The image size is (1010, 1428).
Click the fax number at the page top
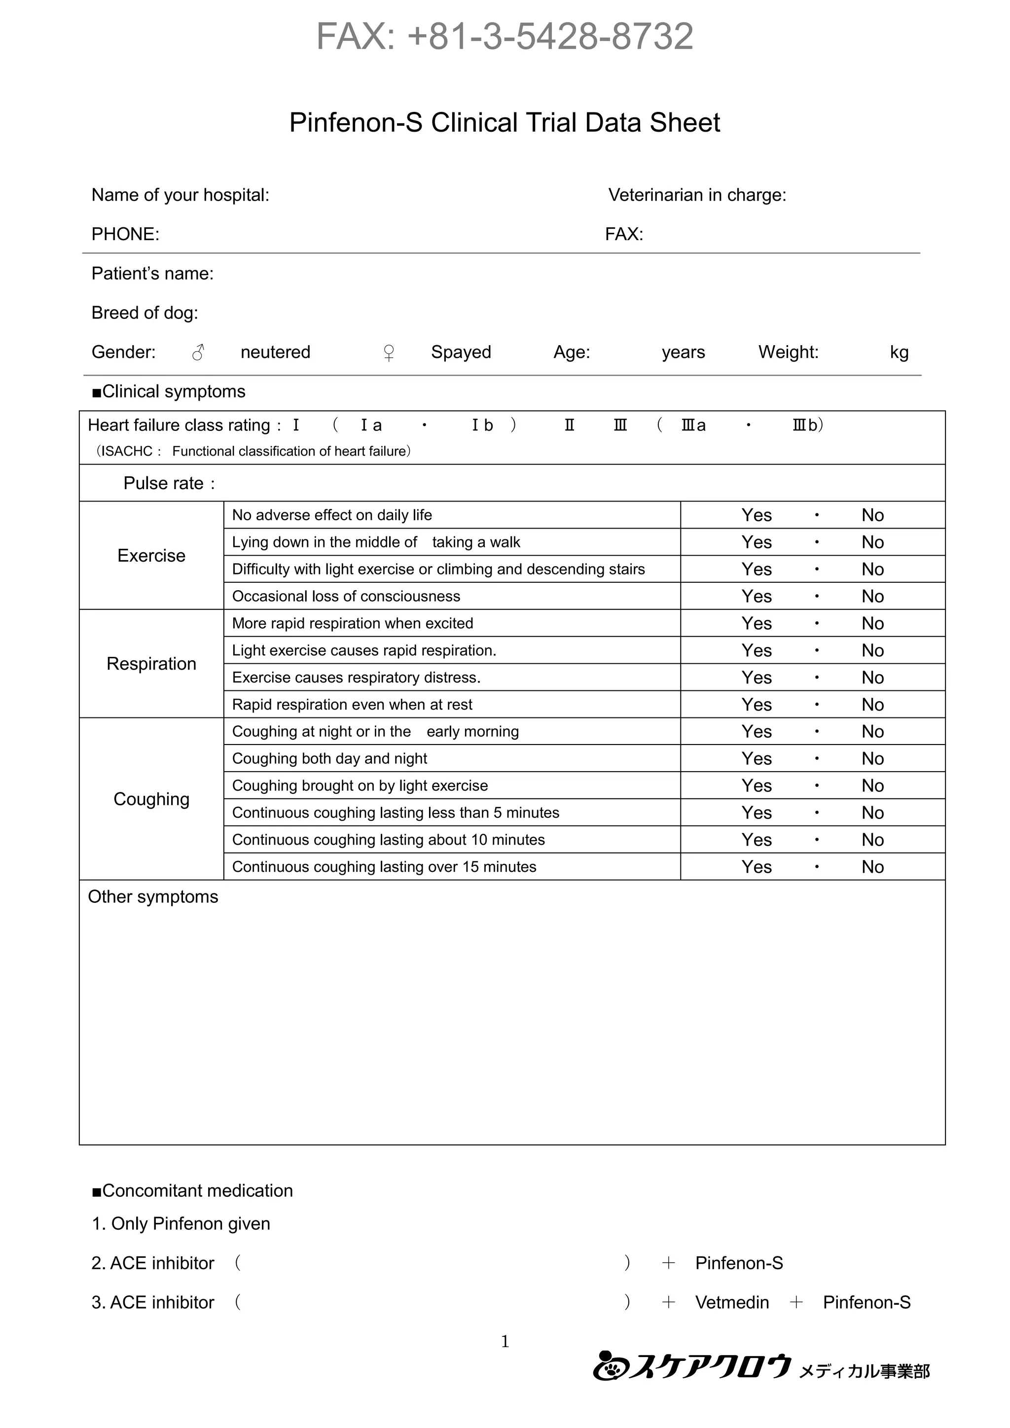click(x=505, y=36)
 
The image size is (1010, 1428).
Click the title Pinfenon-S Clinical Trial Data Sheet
click(x=505, y=122)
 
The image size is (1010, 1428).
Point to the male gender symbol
click(x=198, y=353)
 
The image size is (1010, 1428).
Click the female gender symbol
click(x=389, y=353)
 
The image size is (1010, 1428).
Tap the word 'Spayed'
click(x=461, y=352)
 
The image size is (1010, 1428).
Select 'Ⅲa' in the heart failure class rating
click(x=693, y=426)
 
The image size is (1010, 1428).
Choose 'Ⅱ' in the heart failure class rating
click(x=569, y=426)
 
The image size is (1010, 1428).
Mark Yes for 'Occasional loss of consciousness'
click(x=756, y=597)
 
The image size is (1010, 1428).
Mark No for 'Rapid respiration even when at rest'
click(x=872, y=705)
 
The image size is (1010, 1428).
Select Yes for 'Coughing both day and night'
click(x=756, y=759)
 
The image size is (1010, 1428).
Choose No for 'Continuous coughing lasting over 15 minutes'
click(x=872, y=867)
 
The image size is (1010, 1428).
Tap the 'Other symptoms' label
click(x=153, y=897)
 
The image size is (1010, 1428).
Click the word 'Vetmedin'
click(x=732, y=1302)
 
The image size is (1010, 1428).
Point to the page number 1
click(x=505, y=1342)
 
